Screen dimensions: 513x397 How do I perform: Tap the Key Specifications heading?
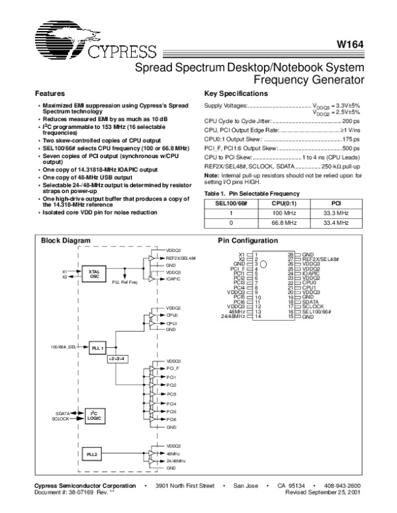point(237,93)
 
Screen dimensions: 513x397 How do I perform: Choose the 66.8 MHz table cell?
point(284,223)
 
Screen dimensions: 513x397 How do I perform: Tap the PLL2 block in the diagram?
point(93,455)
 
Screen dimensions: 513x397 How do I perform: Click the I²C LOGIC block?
point(93,415)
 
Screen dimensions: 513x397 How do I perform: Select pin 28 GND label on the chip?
point(308,254)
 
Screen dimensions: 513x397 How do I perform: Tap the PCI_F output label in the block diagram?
point(173,368)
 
